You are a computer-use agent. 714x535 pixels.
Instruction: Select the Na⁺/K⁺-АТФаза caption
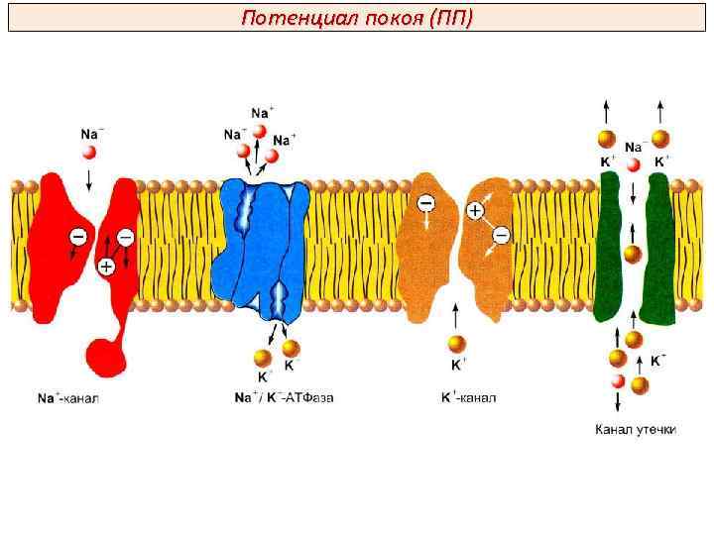click(284, 398)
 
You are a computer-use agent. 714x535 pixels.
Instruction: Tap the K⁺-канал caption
click(468, 398)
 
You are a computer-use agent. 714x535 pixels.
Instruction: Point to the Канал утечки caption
click(635, 430)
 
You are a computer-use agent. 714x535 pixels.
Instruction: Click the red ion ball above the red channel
click(89, 152)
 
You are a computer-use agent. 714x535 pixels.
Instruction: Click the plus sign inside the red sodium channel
click(106, 266)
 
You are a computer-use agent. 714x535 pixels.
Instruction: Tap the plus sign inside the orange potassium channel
click(475, 210)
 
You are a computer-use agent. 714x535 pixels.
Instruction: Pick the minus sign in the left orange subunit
click(425, 203)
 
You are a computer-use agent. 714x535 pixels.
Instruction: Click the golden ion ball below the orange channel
click(456, 343)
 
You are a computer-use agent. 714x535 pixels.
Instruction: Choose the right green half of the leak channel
click(657, 248)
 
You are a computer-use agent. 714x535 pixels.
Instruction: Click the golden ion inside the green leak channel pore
click(633, 254)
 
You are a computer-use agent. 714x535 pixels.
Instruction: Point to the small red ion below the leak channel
click(618, 381)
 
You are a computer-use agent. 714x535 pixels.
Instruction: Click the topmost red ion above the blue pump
click(259, 131)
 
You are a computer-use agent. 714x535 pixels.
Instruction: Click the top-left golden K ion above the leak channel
click(607, 140)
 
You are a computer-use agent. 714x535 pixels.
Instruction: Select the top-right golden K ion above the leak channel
click(660, 140)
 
